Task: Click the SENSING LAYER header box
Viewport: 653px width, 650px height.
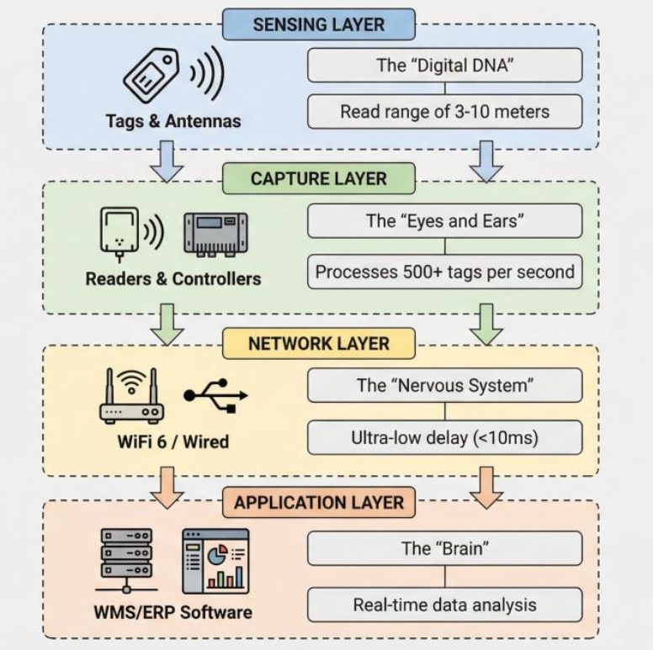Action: [319, 25]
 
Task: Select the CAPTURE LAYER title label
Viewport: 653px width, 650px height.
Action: [319, 179]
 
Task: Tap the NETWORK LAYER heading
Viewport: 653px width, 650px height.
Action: [319, 343]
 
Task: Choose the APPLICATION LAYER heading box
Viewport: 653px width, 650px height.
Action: [319, 503]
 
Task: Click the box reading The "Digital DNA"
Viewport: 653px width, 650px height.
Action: [444, 65]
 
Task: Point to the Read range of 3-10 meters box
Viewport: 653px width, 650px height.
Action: [444, 111]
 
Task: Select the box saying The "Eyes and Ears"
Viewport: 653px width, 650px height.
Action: [444, 222]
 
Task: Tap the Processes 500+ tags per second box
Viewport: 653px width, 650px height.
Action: [444, 272]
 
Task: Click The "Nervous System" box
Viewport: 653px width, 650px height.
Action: [444, 386]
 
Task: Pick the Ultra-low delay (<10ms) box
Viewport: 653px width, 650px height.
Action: [444, 438]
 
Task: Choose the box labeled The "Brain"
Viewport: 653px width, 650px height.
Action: [444, 548]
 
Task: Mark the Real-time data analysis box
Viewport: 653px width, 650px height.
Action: [444, 605]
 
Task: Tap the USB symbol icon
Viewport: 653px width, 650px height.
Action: [215, 394]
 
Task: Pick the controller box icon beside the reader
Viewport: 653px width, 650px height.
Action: [215, 233]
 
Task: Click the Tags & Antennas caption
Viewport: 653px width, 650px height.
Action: [173, 121]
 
